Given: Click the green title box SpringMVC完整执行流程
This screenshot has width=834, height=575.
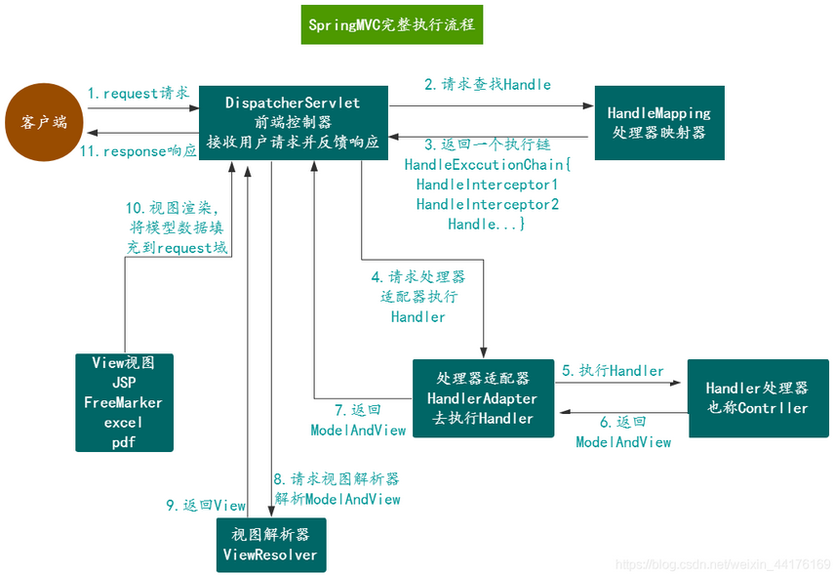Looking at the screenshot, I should pyautogui.click(x=391, y=24).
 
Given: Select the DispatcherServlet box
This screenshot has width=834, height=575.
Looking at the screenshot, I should pyautogui.click(x=293, y=122).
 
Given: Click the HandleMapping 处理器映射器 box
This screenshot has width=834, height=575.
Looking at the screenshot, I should pyautogui.click(x=659, y=122).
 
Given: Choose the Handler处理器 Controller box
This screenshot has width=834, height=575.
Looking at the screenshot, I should pyautogui.click(x=757, y=397).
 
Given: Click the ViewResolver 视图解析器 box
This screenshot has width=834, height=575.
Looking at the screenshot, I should pyautogui.click(x=270, y=545).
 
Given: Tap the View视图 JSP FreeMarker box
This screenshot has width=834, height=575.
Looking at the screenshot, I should pyautogui.click(x=124, y=402).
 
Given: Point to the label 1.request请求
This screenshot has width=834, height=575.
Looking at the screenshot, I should pyautogui.click(x=138, y=94).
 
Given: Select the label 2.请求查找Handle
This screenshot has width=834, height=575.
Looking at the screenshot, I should pyautogui.click(x=487, y=85).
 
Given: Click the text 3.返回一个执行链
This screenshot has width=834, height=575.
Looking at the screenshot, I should pyautogui.click(x=487, y=144).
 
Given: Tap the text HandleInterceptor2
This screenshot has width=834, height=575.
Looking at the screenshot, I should pyautogui.click(x=487, y=204).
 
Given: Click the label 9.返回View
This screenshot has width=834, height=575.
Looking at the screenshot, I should pyautogui.click(x=205, y=505).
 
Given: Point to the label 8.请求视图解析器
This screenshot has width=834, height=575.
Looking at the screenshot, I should pyautogui.click(x=336, y=479).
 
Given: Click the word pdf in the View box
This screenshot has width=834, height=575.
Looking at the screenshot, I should pyautogui.click(x=124, y=442).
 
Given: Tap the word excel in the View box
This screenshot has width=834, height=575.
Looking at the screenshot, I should pyautogui.click(x=124, y=423).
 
